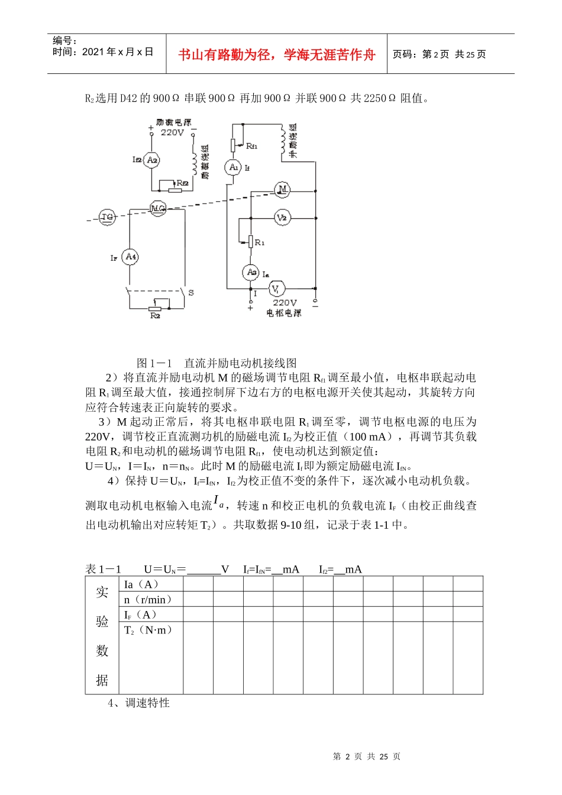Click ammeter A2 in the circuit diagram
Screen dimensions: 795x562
pyautogui.click(x=152, y=160)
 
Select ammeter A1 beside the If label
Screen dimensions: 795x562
pyautogui.click(x=233, y=167)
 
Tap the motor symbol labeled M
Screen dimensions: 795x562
pyautogui.click(x=283, y=189)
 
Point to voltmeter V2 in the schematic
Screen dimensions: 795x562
pyautogui.click(x=282, y=218)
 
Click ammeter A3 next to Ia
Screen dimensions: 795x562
pyautogui.click(x=251, y=272)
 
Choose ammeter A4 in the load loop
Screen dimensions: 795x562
pyautogui.click(x=131, y=257)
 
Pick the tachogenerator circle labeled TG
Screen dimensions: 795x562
pyautogui.click(x=107, y=217)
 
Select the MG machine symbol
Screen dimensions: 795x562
pyautogui.click(x=157, y=208)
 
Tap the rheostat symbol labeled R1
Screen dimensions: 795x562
pyautogui.click(x=251, y=241)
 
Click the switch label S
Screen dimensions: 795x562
pyautogui.click(x=190, y=293)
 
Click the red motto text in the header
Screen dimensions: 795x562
pyautogui.click(x=277, y=55)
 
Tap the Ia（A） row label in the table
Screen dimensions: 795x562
pyautogui.click(x=141, y=584)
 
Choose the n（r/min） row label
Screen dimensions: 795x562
pyautogui.click(x=148, y=599)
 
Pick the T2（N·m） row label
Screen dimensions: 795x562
pyautogui.click(x=148, y=630)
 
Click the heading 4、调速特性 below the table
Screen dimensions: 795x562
pyautogui.click(x=139, y=703)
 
